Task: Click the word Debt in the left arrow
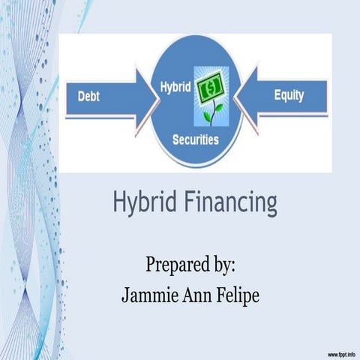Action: point(89,97)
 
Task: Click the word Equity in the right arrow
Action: point(289,96)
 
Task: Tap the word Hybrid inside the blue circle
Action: point(171,88)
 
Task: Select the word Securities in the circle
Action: point(195,139)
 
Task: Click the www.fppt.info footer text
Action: point(341,352)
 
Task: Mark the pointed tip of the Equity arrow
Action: point(238,97)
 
